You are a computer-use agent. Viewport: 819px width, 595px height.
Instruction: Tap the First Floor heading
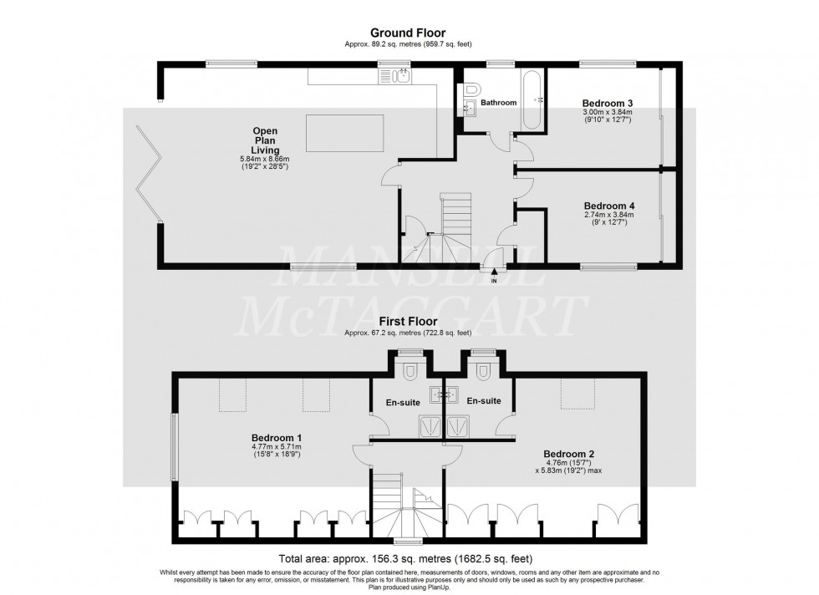[409, 321]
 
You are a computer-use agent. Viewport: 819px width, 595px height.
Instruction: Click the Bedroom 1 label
[277, 438]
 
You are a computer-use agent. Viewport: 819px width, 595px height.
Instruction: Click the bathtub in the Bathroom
[532, 99]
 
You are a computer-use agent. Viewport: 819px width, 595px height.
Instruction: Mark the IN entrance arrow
[494, 272]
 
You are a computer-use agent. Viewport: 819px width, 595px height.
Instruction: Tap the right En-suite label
[484, 401]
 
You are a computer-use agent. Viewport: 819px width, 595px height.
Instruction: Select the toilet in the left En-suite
[410, 369]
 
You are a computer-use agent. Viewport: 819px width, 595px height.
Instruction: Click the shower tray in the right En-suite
[458, 426]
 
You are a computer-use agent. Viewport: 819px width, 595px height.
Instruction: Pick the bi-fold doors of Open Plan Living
[150, 171]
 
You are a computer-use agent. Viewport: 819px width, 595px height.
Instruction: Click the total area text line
[409, 558]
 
